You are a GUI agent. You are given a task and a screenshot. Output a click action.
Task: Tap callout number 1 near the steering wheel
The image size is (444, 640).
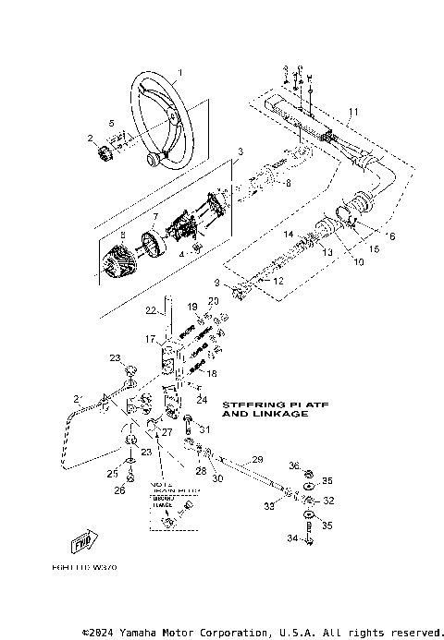tap(181, 72)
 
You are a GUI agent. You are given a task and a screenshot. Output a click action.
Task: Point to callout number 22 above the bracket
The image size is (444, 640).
tap(150, 309)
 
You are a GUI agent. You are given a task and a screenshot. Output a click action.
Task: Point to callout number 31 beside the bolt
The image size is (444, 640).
tap(205, 429)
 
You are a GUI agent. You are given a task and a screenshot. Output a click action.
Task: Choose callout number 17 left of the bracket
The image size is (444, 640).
tap(150, 339)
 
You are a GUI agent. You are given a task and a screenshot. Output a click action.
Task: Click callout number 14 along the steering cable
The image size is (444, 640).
tap(288, 235)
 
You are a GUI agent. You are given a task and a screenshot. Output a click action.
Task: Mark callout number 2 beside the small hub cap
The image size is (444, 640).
tap(91, 139)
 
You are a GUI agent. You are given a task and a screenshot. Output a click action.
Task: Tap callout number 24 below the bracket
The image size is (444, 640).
tap(201, 400)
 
